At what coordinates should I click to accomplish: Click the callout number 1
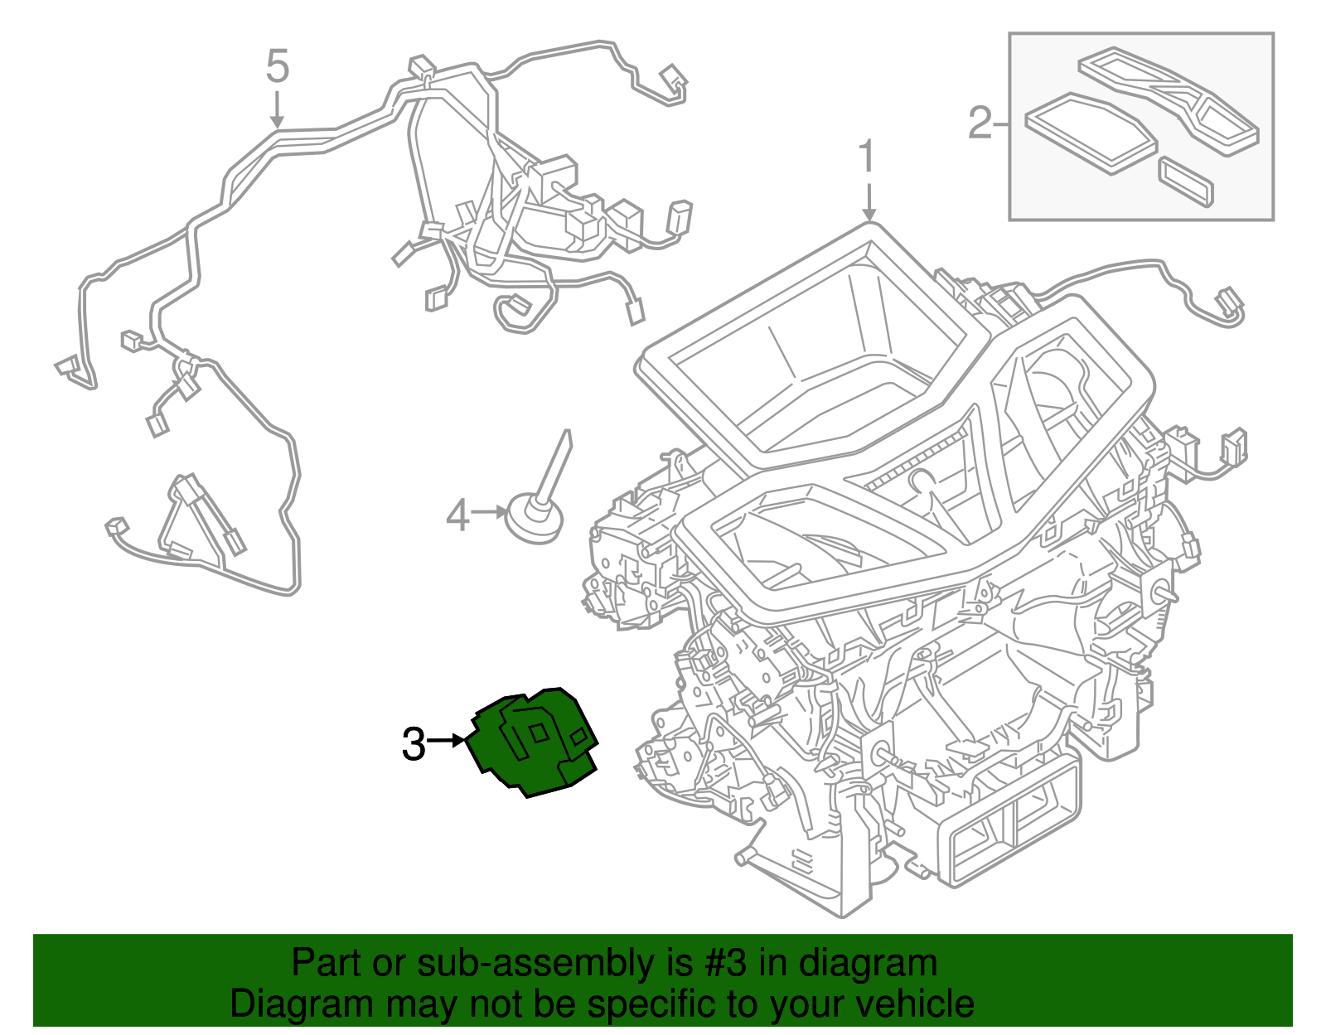pyautogui.click(x=867, y=156)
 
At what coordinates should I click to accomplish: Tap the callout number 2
pyautogui.click(x=980, y=123)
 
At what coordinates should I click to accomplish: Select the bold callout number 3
pyautogui.click(x=413, y=743)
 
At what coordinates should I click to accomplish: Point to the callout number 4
pyautogui.click(x=457, y=515)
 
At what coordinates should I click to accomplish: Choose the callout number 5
pyautogui.click(x=277, y=66)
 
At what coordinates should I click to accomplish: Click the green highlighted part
pyautogui.click(x=531, y=741)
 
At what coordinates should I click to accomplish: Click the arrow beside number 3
pyautogui.click(x=447, y=741)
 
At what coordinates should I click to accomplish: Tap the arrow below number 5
pyautogui.click(x=277, y=109)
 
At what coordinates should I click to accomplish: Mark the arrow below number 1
pyautogui.click(x=869, y=198)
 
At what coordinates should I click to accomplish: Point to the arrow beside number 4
pyautogui.click(x=490, y=512)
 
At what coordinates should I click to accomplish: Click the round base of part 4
pyautogui.click(x=534, y=519)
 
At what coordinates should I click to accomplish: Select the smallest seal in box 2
pyautogui.click(x=1186, y=182)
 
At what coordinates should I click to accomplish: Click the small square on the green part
pyautogui.click(x=539, y=733)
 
